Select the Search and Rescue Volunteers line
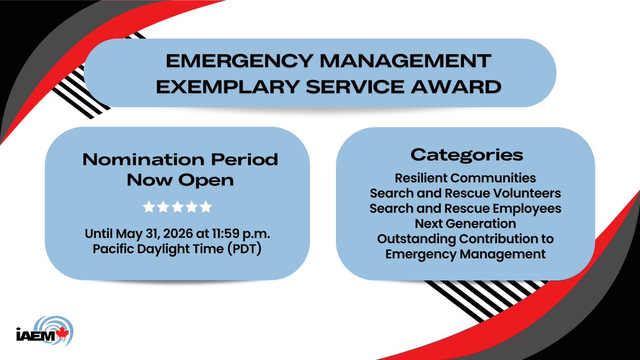click(x=465, y=193)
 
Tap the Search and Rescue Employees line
click(x=465, y=208)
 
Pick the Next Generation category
click(x=465, y=223)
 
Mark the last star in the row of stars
click(x=206, y=207)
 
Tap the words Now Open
click(x=180, y=180)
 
